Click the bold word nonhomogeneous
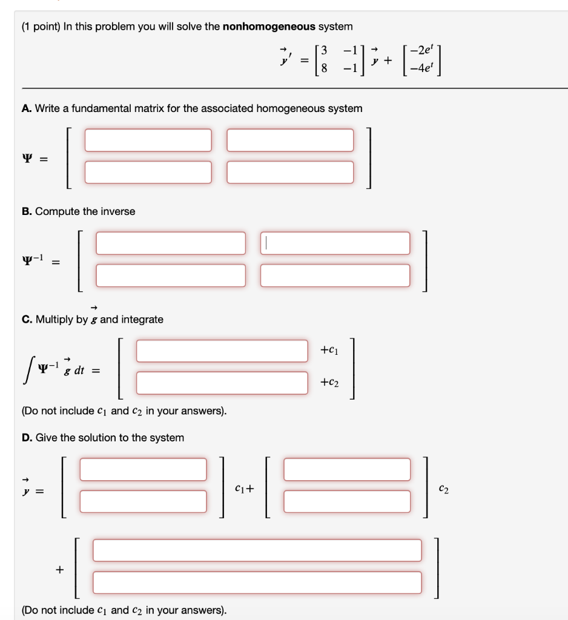(269, 27)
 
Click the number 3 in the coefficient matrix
(325, 50)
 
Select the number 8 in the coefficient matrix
(325, 68)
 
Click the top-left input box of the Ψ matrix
(148, 140)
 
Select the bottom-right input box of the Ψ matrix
(290, 172)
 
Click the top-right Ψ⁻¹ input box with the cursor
(335, 243)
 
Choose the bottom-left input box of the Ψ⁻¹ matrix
(171, 275)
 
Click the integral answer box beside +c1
(222, 351)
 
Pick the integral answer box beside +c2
(222, 383)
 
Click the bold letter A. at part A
(26, 108)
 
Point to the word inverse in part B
(118, 211)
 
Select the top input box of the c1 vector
(143, 469)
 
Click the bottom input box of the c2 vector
(347, 501)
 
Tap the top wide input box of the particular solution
(257, 550)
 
